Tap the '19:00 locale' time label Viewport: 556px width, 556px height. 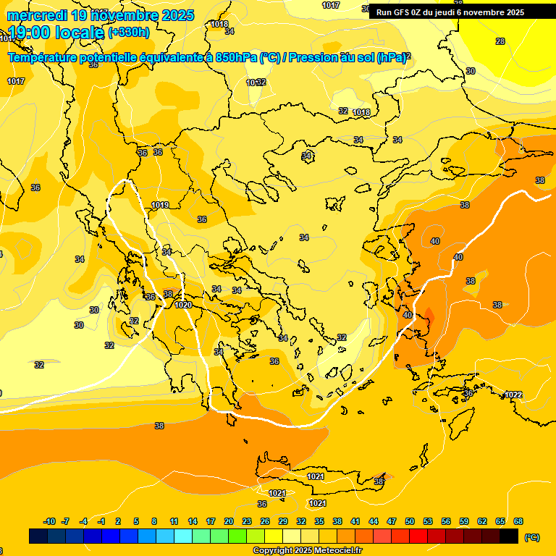coord(56,33)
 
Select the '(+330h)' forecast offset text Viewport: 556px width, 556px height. coord(129,33)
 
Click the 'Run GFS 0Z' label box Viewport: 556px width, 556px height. coord(450,12)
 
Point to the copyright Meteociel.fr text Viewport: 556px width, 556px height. coord(307,550)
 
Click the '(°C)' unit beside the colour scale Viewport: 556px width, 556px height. coord(531,536)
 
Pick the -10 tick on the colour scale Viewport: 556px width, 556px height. coord(49,521)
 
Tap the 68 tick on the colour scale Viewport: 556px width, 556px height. coord(518,521)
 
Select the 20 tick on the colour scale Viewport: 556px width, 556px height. coord(229,521)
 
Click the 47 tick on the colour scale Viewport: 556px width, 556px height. coord(392,521)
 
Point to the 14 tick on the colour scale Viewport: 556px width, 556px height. coord(193,521)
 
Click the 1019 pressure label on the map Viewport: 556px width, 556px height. coord(160,206)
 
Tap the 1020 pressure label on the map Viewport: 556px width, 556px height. coord(183,305)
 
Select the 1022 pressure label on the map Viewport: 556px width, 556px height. coord(513,395)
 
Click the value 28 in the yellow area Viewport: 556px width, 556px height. coord(500,41)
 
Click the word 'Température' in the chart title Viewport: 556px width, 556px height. coord(43,58)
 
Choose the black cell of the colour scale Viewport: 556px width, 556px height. coord(509,536)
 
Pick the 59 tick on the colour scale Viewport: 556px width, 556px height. coord(464,521)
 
